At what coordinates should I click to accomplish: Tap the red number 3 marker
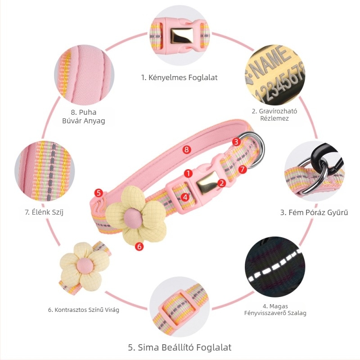click(236, 142)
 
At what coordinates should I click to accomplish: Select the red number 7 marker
click(243, 170)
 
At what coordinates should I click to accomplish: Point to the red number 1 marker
click(188, 173)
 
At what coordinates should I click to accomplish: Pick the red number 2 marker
click(221, 183)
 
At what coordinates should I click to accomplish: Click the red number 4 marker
click(185, 197)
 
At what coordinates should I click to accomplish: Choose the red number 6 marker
click(139, 246)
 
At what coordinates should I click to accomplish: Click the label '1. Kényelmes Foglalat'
click(179, 77)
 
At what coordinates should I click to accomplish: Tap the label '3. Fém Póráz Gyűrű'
click(314, 212)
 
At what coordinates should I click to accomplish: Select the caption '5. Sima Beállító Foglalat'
click(180, 347)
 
